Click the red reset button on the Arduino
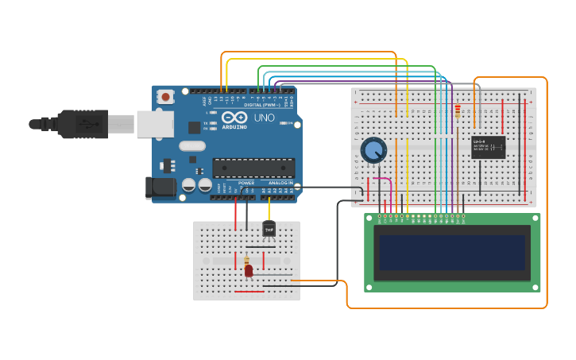pyautogui.click(x=165, y=97)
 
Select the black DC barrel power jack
pyautogui.click(x=159, y=188)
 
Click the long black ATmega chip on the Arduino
pyautogui.click(x=253, y=168)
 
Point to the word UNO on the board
pyautogui.click(x=264, y=118)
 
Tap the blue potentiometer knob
pyautogui.click(x=373, y=149)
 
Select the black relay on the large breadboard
pyautogui.click(x=488, y=147)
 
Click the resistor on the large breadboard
pyautogui.click(x=458, y=112)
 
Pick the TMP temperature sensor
pyautogui.click(x=269, y=230)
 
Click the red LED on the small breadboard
pyautogui.click(x=249, y=271)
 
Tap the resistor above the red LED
pyautogui.click(x=246, y=260)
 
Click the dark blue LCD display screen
pyautogui.click(x=452, y=252)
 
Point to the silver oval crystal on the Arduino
pyautogui.click(x=192, y=145)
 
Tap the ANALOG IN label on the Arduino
pyautogui.click(x=280, y=183)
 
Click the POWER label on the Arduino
pyautogui.click(x=246, y=183)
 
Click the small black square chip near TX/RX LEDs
pyautogui.click(x=194, y=127)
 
